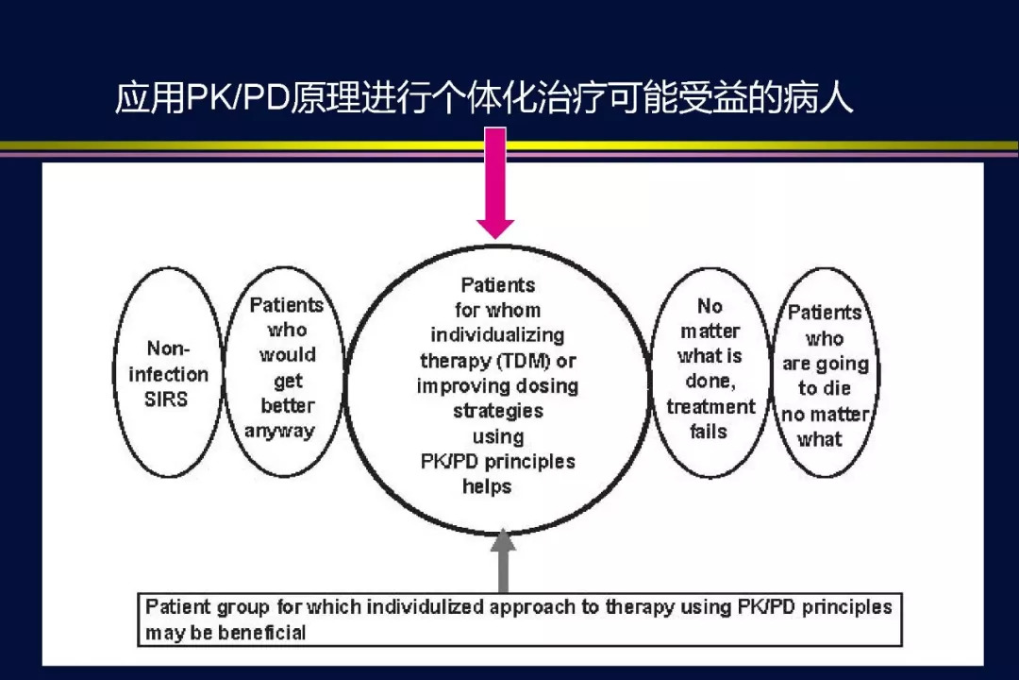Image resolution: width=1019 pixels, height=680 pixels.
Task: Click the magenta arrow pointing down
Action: [495, 183]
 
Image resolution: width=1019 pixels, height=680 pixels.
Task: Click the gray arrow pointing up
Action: [503, 560]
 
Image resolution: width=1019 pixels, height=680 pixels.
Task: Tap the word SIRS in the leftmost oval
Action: [166, 399]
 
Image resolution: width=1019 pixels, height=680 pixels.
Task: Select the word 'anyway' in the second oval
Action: [279, 432]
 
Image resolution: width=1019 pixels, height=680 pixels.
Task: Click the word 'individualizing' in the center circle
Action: [497, 335]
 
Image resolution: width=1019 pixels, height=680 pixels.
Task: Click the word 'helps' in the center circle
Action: [487, 486]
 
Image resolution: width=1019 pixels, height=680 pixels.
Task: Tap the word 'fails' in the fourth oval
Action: [709, 432]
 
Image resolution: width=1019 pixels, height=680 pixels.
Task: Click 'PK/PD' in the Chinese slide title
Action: [237, 98]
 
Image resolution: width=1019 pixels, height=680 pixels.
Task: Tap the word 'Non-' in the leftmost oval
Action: [168, 348]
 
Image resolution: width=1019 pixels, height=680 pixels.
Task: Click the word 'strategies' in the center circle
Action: [498, 411]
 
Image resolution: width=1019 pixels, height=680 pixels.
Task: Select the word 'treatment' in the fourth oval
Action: [711, 407]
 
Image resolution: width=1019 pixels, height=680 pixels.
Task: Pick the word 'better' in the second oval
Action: [287, 405]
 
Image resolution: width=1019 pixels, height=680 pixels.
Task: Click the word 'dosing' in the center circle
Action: [546, 386]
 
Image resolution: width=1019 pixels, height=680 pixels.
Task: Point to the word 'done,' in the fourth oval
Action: [710, 382]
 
